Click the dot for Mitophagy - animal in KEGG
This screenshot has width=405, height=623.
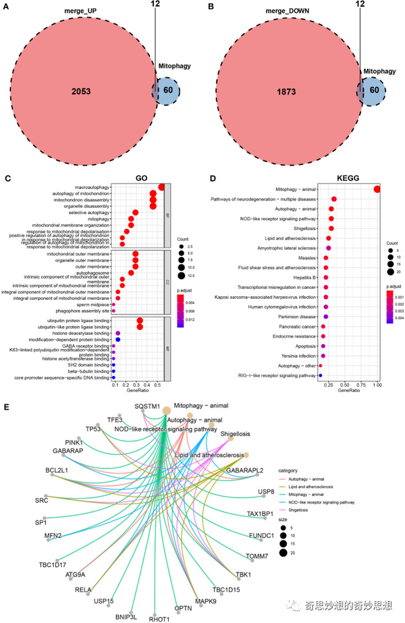[377, 188]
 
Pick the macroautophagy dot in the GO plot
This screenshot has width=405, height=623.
[161, 188]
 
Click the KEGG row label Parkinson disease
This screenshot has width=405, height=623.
[296, 316]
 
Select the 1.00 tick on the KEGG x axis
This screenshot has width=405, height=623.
[377, 385]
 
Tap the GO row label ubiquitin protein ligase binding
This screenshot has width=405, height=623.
[78, 320]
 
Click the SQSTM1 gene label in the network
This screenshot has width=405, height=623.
[147, 407]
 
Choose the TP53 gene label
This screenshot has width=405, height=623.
[93, 429]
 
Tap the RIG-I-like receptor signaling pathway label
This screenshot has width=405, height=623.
[277, 375]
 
